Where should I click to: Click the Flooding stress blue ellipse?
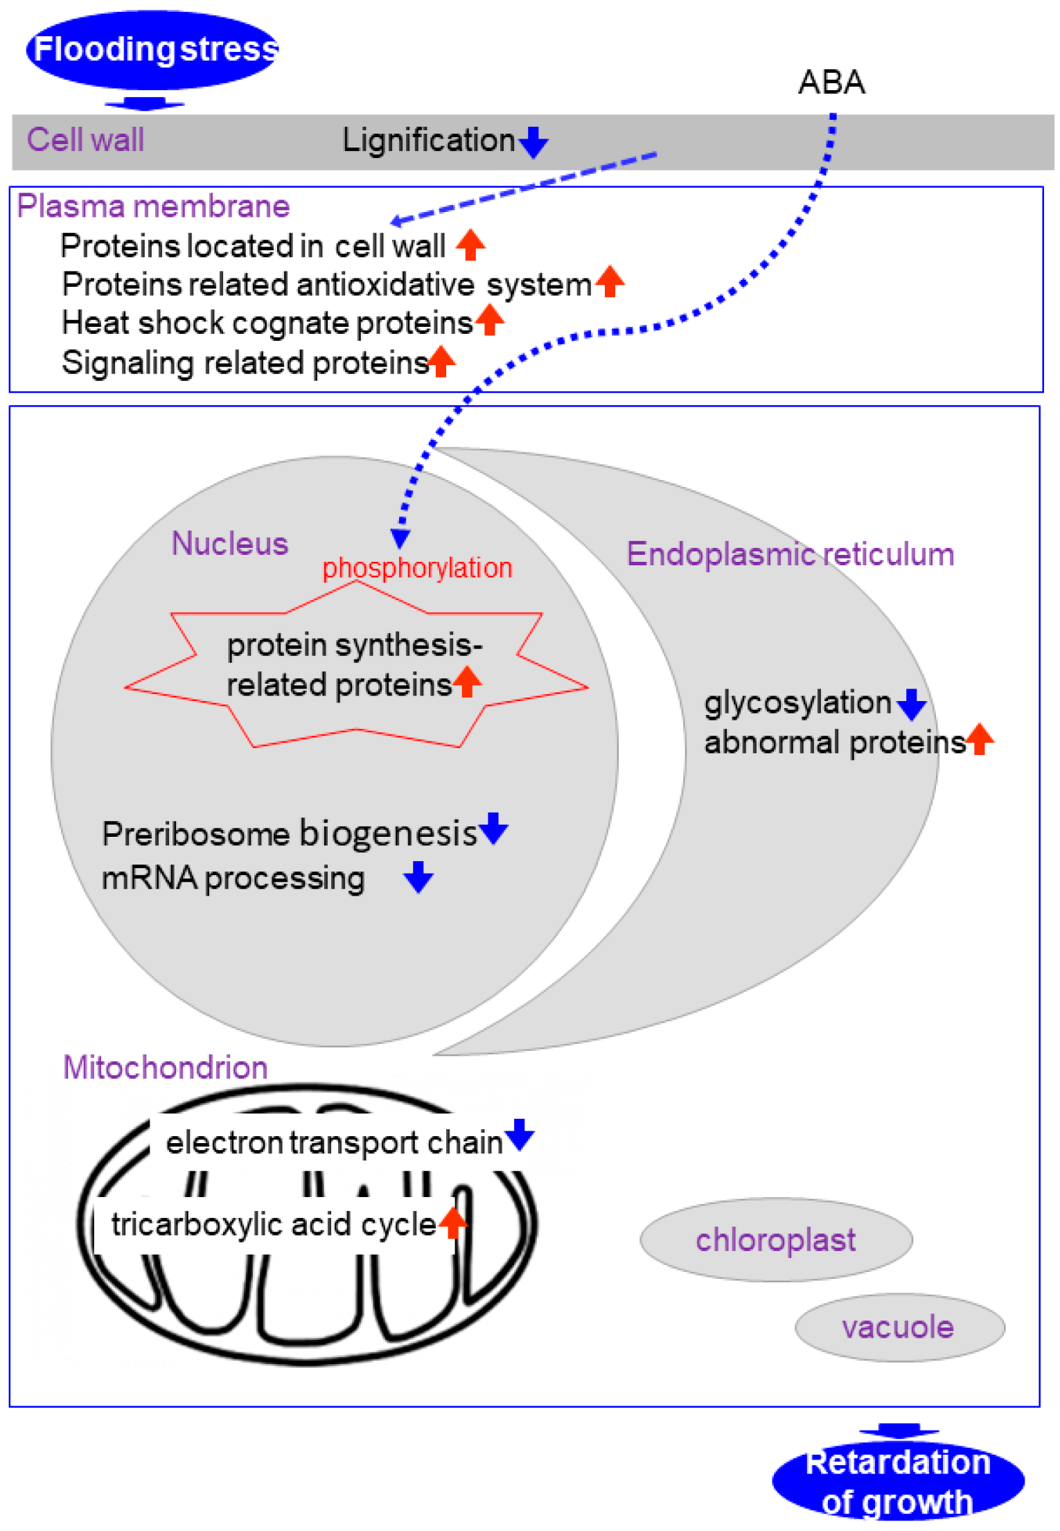(152, 50)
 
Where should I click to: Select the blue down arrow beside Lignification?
(533, 142)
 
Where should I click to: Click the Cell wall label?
(85, 140)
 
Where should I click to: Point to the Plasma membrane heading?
(153, 206)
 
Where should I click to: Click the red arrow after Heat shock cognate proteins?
(490, 320)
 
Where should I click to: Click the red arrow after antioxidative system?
(610, 281)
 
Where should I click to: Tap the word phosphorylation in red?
(417, 568)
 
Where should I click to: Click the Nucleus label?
(229, 544)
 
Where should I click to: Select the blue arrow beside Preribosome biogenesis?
(493, 829)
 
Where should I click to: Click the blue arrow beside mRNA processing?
(418, 877)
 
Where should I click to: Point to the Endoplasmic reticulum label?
(790, 555)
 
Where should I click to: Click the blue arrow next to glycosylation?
(911, 704)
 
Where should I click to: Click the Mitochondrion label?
(165, 1068)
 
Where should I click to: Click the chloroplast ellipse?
(775, 1240)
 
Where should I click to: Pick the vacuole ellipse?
(899, 1327)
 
